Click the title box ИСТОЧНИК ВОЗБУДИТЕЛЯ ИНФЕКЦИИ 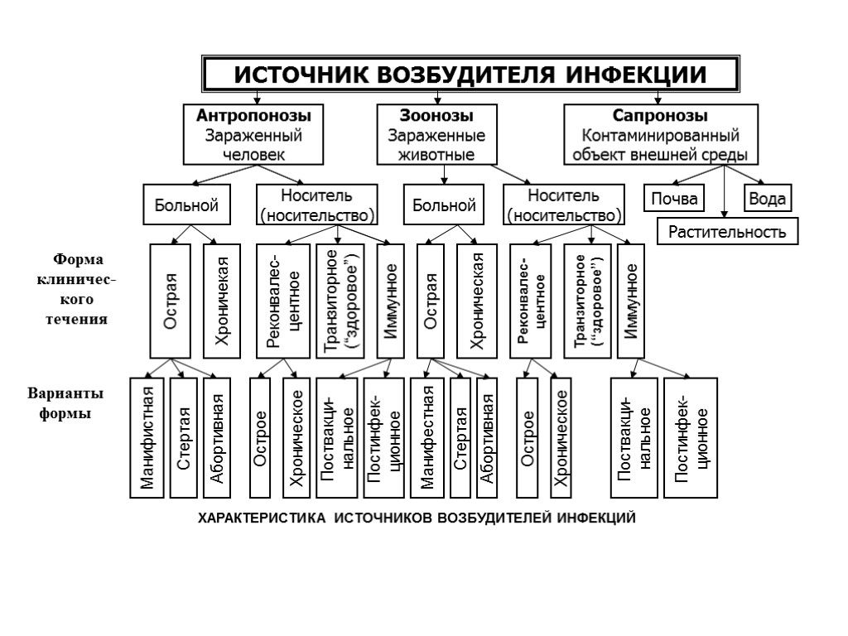(x=470, y=75)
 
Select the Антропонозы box (x=253, y=134)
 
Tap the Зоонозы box (x=437, y=134)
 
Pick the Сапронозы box (x=660, y=134)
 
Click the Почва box (x=673, y=199)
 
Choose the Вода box (x=768, y=199)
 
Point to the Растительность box (x=727, y=231)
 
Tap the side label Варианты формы (x=65, y=402)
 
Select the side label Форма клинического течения (x=76, y=289)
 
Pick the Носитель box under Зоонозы (x=563, y=205)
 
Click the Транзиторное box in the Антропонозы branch (x=339, y=301)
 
